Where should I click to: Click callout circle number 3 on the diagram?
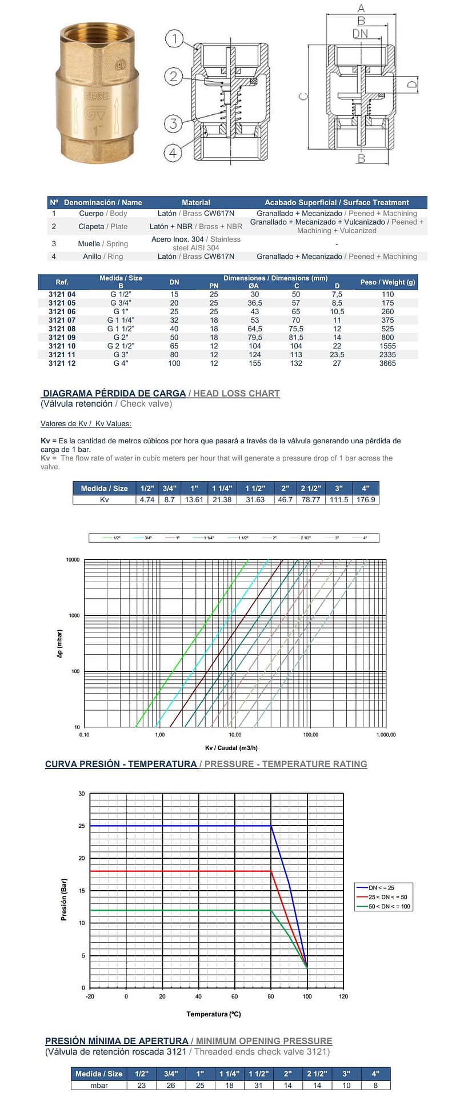(x=174, y=123)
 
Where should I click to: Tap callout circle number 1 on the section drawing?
(x=174, y=39)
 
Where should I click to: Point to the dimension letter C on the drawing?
(x=303, y=96)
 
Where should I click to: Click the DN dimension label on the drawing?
(x=360, y=34)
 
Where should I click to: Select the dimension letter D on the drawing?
(x=411, y=85)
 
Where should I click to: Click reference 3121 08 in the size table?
(x=62, y=329)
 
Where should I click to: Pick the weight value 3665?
(x=387, y=363)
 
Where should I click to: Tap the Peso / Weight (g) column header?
(x=387, y=282)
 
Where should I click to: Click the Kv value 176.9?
(x=366, y=499)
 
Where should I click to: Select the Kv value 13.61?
(x=194, y=499)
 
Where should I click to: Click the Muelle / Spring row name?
(x=103, y=243)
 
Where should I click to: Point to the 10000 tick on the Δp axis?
(x=73, y=560)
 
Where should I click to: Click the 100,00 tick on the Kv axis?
(x=310, y=735)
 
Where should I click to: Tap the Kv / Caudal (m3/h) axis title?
(x=231, y=748)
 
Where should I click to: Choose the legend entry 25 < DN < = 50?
(x=387, y=897)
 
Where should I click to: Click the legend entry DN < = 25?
(x=381, y=887)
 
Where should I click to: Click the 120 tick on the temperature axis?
(x=343, y=996)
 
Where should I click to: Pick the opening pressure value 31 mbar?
(x=258, y=1085)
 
